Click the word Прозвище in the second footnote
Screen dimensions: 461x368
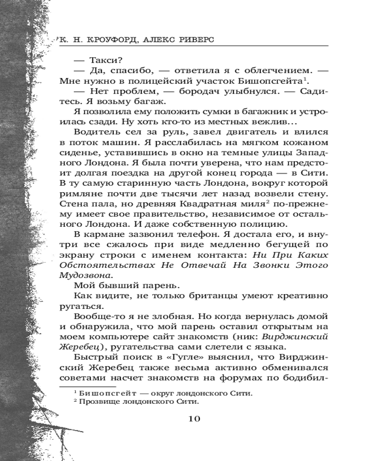(100, 402)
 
